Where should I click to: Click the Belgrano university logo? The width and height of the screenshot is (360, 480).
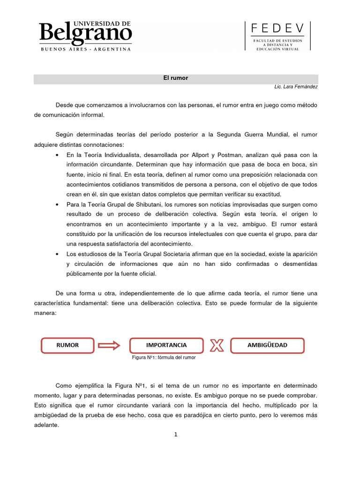(85, 33)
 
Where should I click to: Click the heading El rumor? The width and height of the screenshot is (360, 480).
(176, 78)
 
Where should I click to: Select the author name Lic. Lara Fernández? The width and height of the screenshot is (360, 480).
(296, 87)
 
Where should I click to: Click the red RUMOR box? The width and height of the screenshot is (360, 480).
(67, 345)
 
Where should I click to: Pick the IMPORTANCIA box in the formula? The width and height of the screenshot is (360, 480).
(166, 345)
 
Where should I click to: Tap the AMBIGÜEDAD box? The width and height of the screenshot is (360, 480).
(267, 345)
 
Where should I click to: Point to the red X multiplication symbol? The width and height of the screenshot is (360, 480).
(217, 346)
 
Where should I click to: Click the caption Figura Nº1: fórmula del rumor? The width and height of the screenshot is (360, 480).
(164, 358)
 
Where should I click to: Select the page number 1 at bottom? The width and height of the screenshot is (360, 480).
(176, 435)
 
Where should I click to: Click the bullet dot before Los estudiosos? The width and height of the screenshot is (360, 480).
(57, 254)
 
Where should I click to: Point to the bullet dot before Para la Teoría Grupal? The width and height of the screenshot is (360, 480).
(57, 205)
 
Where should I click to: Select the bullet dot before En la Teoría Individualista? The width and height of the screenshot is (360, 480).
(57, 155)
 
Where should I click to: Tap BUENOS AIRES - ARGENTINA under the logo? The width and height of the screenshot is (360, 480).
(85, 49)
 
